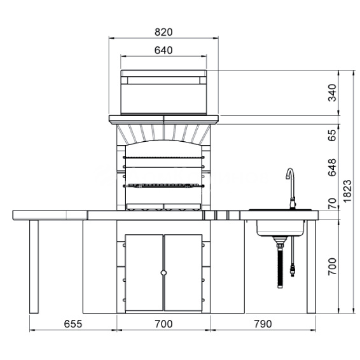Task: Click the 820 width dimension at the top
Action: [163, 32]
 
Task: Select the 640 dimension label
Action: [163, 50]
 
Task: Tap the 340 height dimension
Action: [332, 93]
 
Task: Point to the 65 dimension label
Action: [332, 135]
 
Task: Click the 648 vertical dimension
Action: [332, 168]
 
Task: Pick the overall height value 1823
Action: [347, 191]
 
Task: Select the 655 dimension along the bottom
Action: [73, 324]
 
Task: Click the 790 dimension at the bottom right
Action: [263, 324]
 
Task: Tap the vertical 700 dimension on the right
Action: [332, 267]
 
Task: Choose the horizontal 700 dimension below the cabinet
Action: [163, 324]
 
